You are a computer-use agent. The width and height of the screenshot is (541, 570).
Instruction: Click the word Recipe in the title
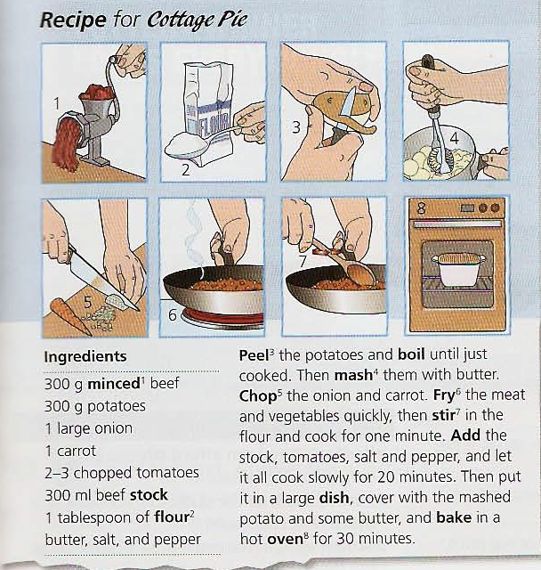pos(73,20)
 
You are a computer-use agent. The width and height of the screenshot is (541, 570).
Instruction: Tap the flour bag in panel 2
pos(208,109)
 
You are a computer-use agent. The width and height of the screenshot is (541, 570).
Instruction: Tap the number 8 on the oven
pos(421,208)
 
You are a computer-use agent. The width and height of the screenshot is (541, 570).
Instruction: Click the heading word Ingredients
pos(85,356)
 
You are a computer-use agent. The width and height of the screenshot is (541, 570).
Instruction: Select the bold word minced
pos(114,384)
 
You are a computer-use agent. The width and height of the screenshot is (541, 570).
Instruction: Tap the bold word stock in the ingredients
pos(149,495)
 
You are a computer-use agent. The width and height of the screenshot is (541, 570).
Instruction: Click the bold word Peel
pos(253,355)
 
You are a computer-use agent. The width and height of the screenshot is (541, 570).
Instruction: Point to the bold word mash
pos(353,376)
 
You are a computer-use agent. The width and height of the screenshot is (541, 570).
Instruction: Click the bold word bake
pos(454,517)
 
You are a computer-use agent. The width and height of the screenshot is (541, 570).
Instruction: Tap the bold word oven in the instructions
pos(285,539)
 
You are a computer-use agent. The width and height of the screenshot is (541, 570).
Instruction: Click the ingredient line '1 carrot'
pos(70,452)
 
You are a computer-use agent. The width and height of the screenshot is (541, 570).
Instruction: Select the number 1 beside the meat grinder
pos(56,103)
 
